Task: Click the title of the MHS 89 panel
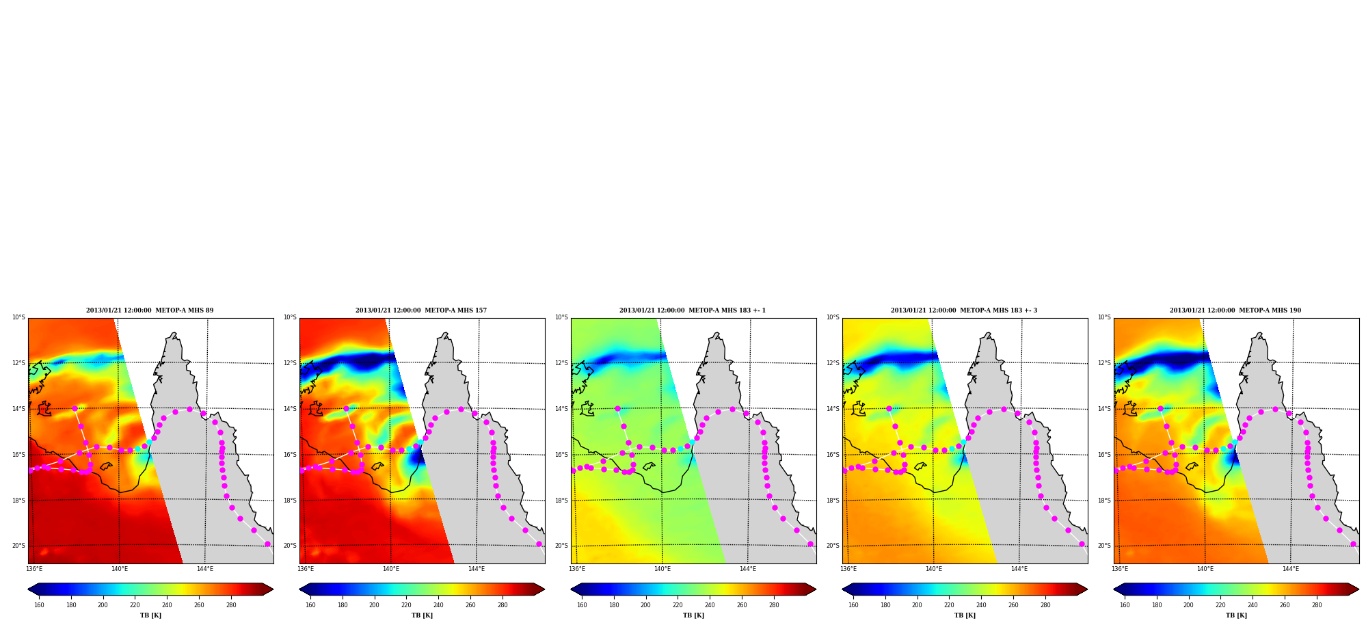(150, 310)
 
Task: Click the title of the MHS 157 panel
(421, 310)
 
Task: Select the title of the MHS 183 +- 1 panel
(693, 310)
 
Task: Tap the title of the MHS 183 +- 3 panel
(964, 310)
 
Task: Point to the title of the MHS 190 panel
(1235, 310)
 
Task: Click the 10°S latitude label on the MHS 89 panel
(18, 317)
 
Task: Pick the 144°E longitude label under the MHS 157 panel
(476, 569)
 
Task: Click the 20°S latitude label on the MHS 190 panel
(1104, 546)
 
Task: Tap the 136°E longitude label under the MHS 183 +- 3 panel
(848, 569)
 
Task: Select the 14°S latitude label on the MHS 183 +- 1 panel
(561, 409)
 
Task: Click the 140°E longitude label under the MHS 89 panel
(120, 569)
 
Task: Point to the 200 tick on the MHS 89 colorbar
(103, 605)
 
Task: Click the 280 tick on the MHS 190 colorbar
(1317, 605)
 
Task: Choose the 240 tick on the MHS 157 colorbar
(438, 605)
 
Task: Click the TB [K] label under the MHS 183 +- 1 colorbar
(693, 615)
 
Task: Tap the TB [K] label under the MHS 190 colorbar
(1236, 615)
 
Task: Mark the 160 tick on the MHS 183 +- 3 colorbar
(853, 605)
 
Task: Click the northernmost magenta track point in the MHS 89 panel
(75, 408)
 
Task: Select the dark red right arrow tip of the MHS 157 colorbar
(544, 589)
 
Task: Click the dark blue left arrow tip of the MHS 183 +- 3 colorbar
(843, 589)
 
